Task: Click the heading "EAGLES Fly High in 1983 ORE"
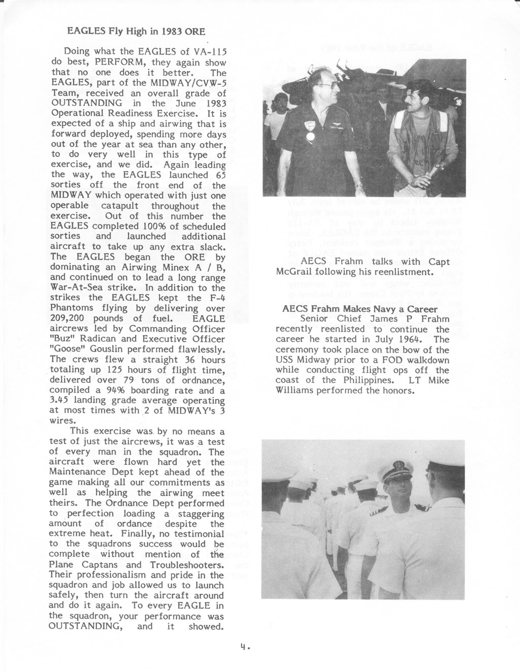pyautogui.click(x=136, y=31)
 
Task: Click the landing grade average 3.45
pyautogui.click(x=60, y=401)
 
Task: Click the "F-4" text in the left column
pyautogui.click(x=216, y=298)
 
